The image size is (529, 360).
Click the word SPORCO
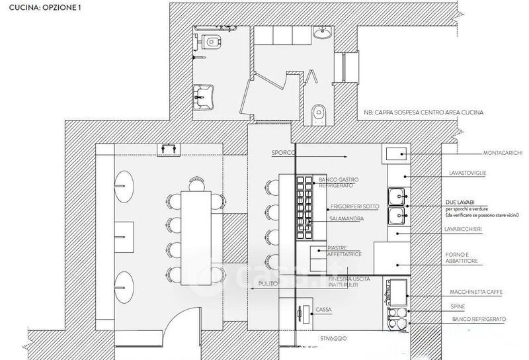click(x=282, y=154)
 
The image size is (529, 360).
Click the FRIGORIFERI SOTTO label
click(x=356, y=206)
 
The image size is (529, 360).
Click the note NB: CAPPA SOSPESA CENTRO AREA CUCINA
click(x=423, y=112)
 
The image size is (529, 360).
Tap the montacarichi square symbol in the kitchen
click(x=396, y=155)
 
